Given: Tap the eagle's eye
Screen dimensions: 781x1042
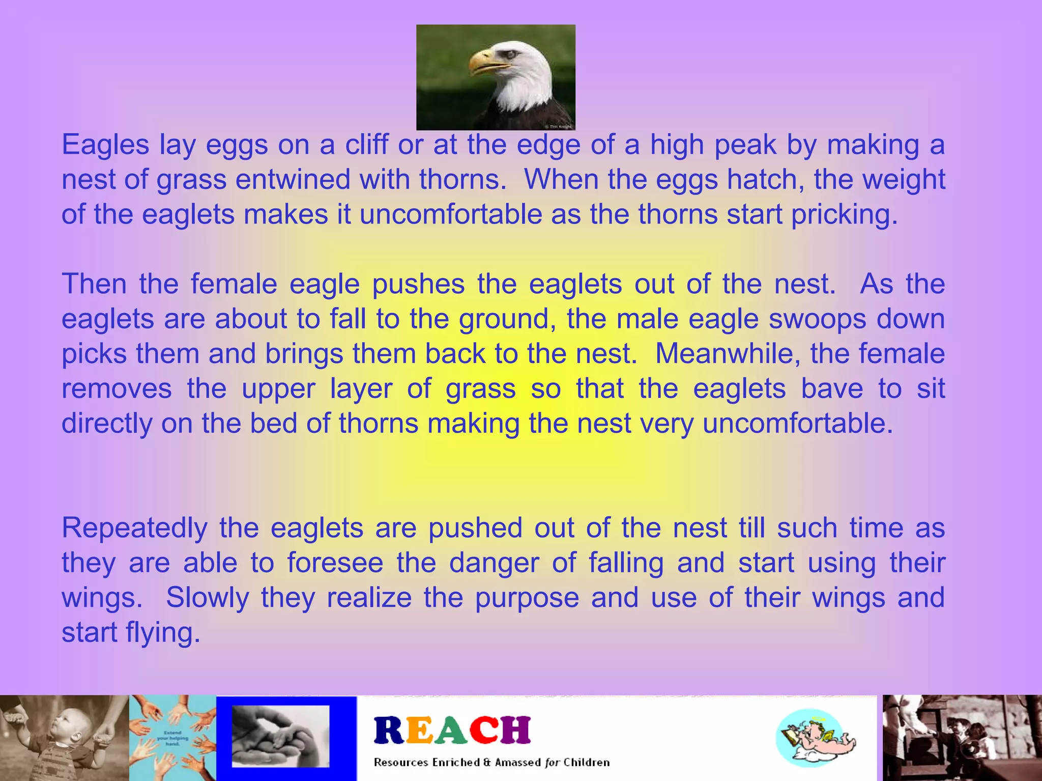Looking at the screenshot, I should pyautogui.click(x=510, y=53).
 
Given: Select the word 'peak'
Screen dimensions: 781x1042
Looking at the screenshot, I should pyautogui.click(x=745, y=145).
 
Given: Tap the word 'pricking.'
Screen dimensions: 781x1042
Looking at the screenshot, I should pyautogui.click(x=845, y=214).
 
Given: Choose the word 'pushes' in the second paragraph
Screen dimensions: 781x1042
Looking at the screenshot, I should pyautogui.click(x=418, y=284).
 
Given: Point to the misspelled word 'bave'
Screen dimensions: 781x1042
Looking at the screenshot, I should pyautogui.click(x=832, y=388).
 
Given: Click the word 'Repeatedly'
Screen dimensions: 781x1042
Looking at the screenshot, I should pyautogui.click(x=134, y=528).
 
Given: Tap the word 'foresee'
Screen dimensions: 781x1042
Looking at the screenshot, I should pyautogui.click(x=335, y=563).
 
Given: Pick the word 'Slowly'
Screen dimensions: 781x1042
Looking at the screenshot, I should pyautogui.click(x=208, y=597).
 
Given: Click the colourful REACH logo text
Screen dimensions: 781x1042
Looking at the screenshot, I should pyautogui.click(x=452, y=730).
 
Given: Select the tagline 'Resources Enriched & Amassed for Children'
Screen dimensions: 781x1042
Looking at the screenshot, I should pyautogui.click(x=491, y=762).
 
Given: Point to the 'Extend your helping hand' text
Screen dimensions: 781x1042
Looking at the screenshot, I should pyautogui.click(x=172, y=738).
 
